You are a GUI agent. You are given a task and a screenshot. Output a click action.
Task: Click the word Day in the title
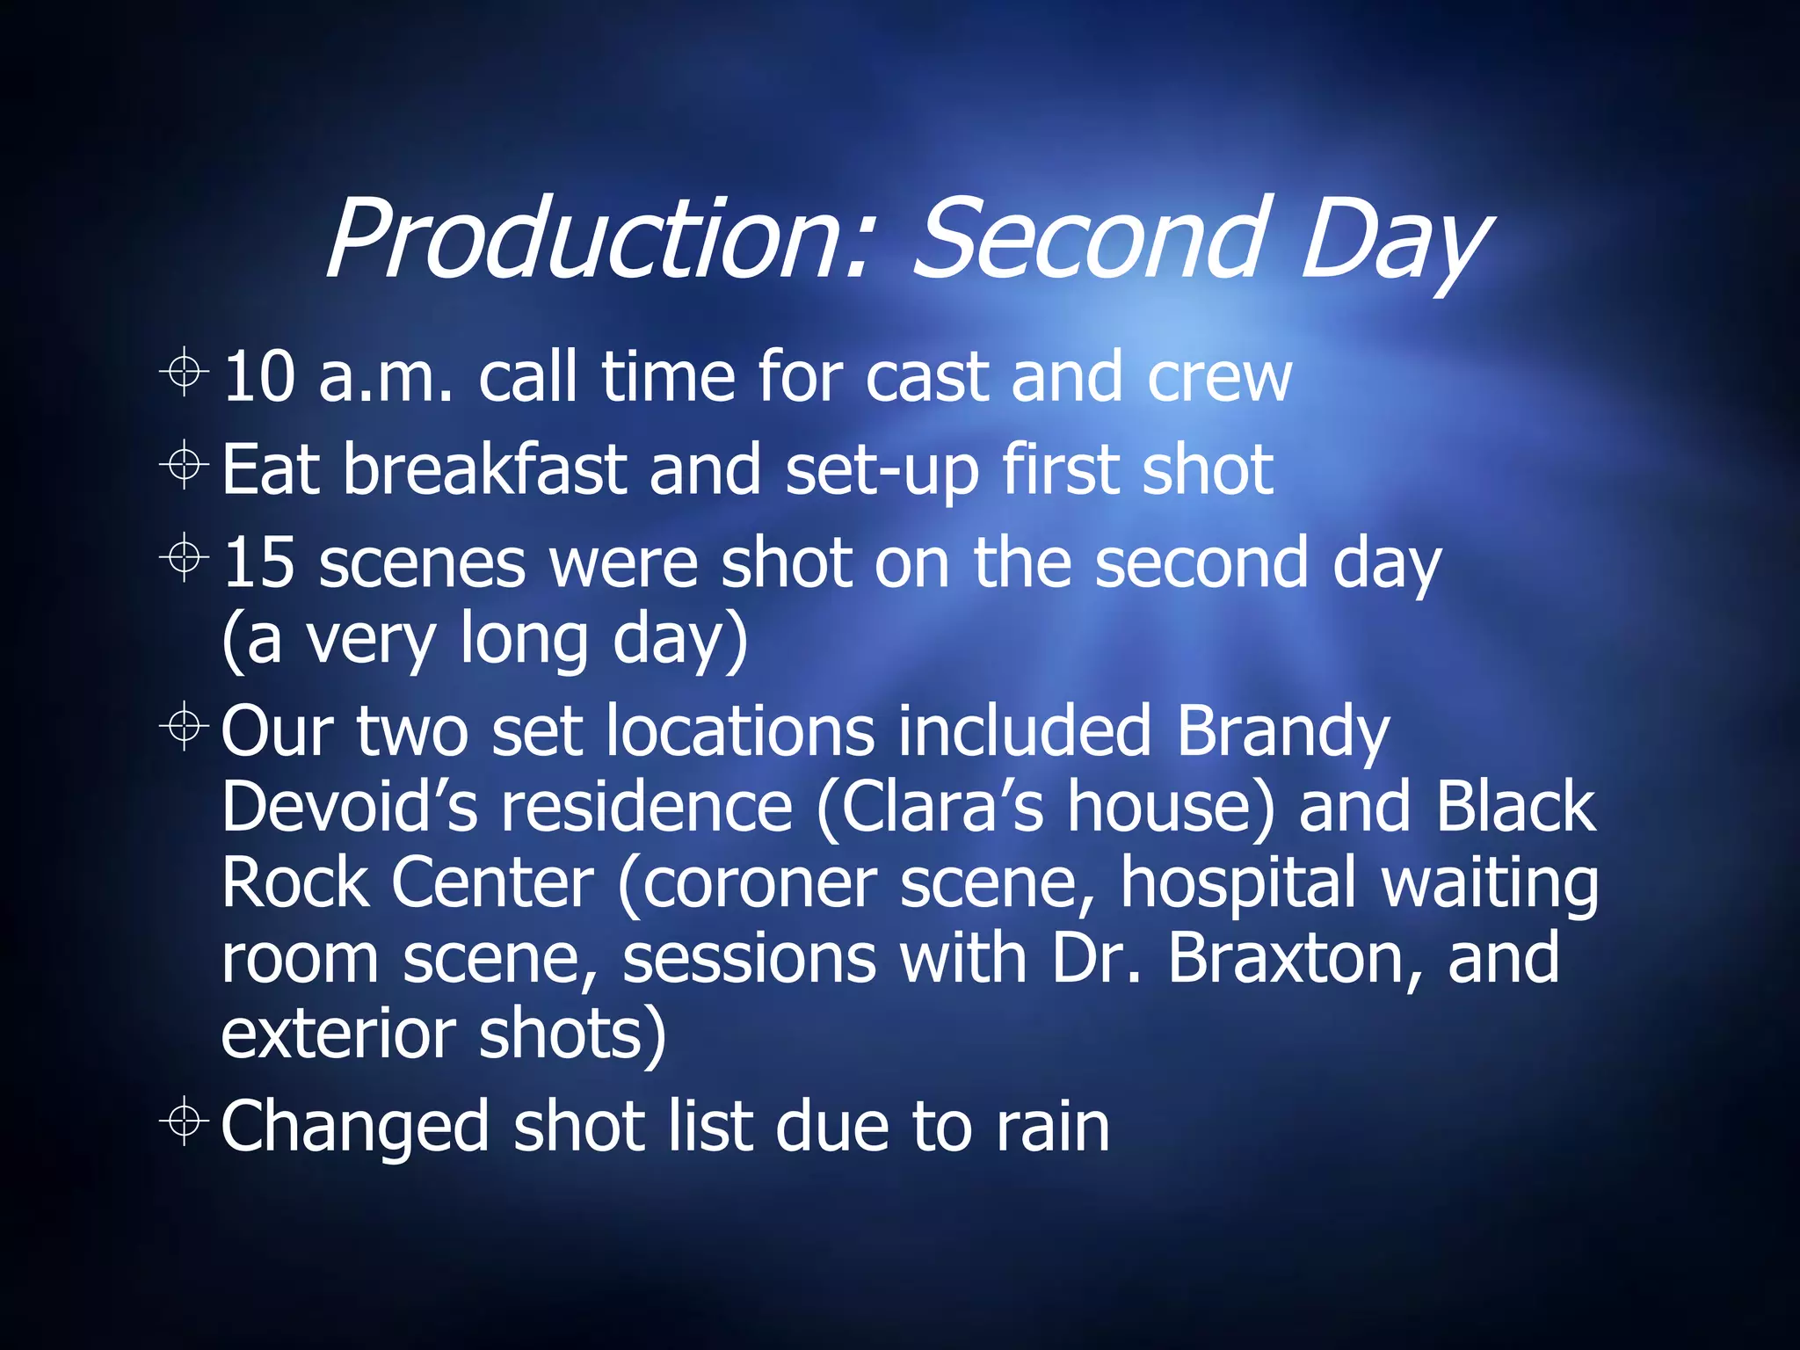1392,242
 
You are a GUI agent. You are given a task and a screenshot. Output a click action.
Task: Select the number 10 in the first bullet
258,377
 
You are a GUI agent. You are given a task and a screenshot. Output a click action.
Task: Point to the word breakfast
484,469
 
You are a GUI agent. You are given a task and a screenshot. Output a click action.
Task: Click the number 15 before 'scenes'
258,562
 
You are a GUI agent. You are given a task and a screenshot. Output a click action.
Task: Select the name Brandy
1282,731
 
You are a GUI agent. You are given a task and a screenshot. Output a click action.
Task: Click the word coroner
759,882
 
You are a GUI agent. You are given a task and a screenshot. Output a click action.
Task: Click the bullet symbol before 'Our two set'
185,726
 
